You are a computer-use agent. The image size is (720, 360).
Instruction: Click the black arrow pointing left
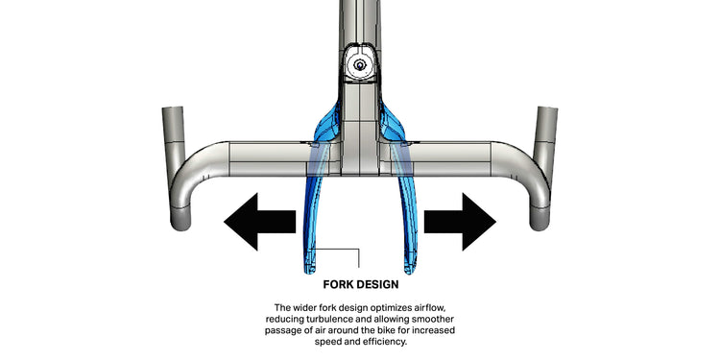coord(259,222)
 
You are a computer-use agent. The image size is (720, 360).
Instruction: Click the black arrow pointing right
coord(460,222)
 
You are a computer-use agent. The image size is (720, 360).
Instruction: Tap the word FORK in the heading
coord(339,284)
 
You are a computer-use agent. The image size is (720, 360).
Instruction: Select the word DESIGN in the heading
coord(378,284)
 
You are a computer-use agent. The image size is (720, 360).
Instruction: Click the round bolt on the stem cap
coord(360,64)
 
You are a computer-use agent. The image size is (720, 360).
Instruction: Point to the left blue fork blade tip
coord(308,270)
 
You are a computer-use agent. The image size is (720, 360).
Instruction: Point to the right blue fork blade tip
coord(410,270)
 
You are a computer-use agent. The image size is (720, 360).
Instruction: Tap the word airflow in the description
coord(429,307)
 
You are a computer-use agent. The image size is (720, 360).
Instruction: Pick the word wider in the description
coord(301,307)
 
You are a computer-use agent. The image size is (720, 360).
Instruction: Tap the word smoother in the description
coord(436,319)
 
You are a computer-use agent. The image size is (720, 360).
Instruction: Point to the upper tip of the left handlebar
coord(173,108)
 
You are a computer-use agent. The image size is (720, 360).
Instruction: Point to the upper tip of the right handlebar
coord(546,108)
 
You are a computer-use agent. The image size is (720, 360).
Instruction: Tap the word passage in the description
coord(279,331)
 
